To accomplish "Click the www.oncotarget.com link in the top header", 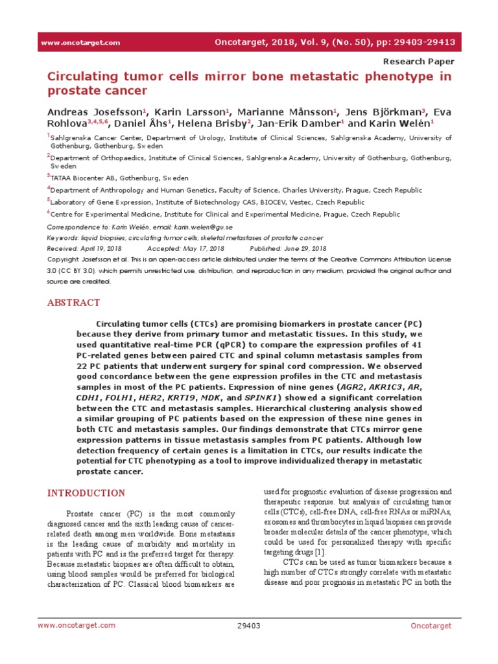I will point(80,43).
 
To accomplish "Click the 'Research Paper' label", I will point(420,62).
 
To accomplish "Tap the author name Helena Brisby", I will point(211,123).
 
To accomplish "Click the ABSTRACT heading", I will point(74,303).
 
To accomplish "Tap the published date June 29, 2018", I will point(304,248).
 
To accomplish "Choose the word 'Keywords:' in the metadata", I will point(64,238).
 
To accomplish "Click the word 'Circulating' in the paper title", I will point(86,77).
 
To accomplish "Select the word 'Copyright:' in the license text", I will point(65,259).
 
